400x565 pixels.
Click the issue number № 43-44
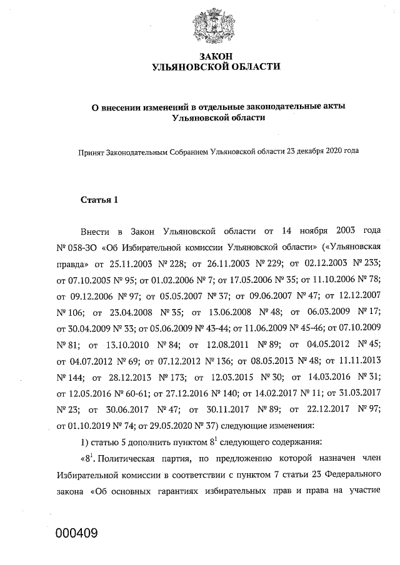(x=207, y=326)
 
